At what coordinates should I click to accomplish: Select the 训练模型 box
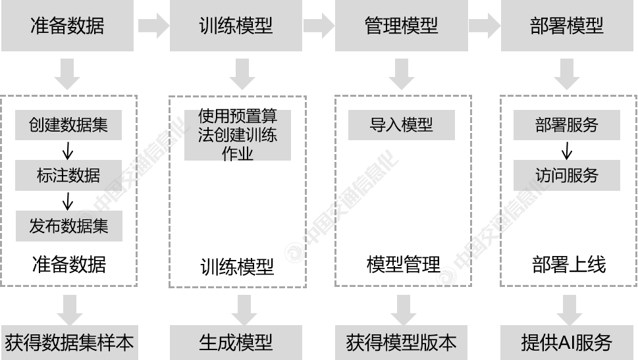pos(236,26)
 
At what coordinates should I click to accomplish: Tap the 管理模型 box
pos(401,26)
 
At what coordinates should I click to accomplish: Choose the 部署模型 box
pos(566,26)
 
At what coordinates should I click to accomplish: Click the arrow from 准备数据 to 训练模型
pos(153,26)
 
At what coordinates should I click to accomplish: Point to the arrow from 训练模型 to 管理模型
pos(319,26)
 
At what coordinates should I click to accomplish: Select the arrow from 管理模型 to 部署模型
pos(484,26)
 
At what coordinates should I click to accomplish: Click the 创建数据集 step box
pos(68,125)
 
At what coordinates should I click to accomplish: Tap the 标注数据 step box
pos(68,176)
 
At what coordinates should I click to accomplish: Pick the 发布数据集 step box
pos(68,226)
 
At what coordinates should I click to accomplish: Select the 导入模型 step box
pos(401,125)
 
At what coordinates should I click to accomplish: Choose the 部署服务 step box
pos(566,125)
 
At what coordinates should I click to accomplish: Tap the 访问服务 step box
pos(566,176)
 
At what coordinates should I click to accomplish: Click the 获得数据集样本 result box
pos(69,342)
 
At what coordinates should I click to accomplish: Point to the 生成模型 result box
pos(236,342)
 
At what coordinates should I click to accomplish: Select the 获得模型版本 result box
pos(401,342)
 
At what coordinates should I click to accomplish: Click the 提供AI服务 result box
pos(566,342)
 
